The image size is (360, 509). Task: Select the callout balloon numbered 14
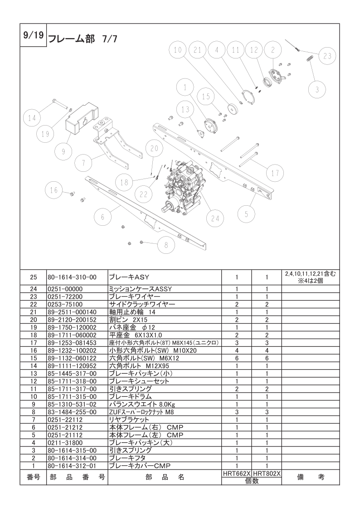point(31,118)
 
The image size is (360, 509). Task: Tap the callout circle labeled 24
point(215,218)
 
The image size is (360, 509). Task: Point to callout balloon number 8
point(166,245)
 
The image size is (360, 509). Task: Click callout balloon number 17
point(275,173)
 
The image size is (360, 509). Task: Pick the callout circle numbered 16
point(54,190)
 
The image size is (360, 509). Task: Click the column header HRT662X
point(237,472)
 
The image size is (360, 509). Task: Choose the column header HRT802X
point(267,472)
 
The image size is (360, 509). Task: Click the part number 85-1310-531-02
point(72,403)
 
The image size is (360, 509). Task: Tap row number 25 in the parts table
point(33,277)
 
